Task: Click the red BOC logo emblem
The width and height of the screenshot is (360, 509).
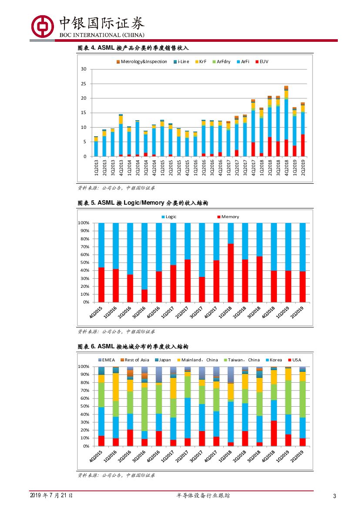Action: [42, 26]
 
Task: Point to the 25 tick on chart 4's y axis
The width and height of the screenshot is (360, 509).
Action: [84, 84]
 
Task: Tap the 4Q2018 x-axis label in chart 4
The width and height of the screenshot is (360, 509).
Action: [286, 168]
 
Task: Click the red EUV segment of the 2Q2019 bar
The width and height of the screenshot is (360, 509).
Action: [303, 145]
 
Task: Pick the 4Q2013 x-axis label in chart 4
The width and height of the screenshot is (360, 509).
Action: [121, 168]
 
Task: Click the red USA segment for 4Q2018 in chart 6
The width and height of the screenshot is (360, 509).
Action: [274, 433]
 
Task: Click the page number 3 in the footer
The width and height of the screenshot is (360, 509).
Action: [334, 496]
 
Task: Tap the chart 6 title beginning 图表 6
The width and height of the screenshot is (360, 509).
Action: [133, 347]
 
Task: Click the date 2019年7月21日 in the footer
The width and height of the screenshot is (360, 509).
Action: [51, 496]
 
